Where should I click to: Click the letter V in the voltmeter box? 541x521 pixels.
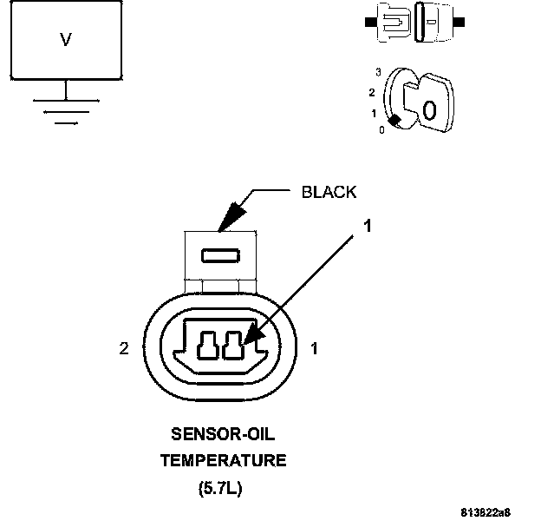pyautogui.click(x=65, y=40)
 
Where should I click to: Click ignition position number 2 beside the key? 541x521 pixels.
pyautogui.click(x=371, y=92)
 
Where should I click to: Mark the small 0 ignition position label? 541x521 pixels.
pyautogui.click(x=381, y=129)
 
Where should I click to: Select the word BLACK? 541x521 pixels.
pyautogui.click(x=329, y=192)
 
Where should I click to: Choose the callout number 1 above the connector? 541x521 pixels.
pyautogui.click(x=367, y=226)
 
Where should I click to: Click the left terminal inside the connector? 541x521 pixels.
pyautogui.click(x=208, y=346)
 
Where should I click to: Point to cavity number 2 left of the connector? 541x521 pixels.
pyautogui.click(x=124, y=349)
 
